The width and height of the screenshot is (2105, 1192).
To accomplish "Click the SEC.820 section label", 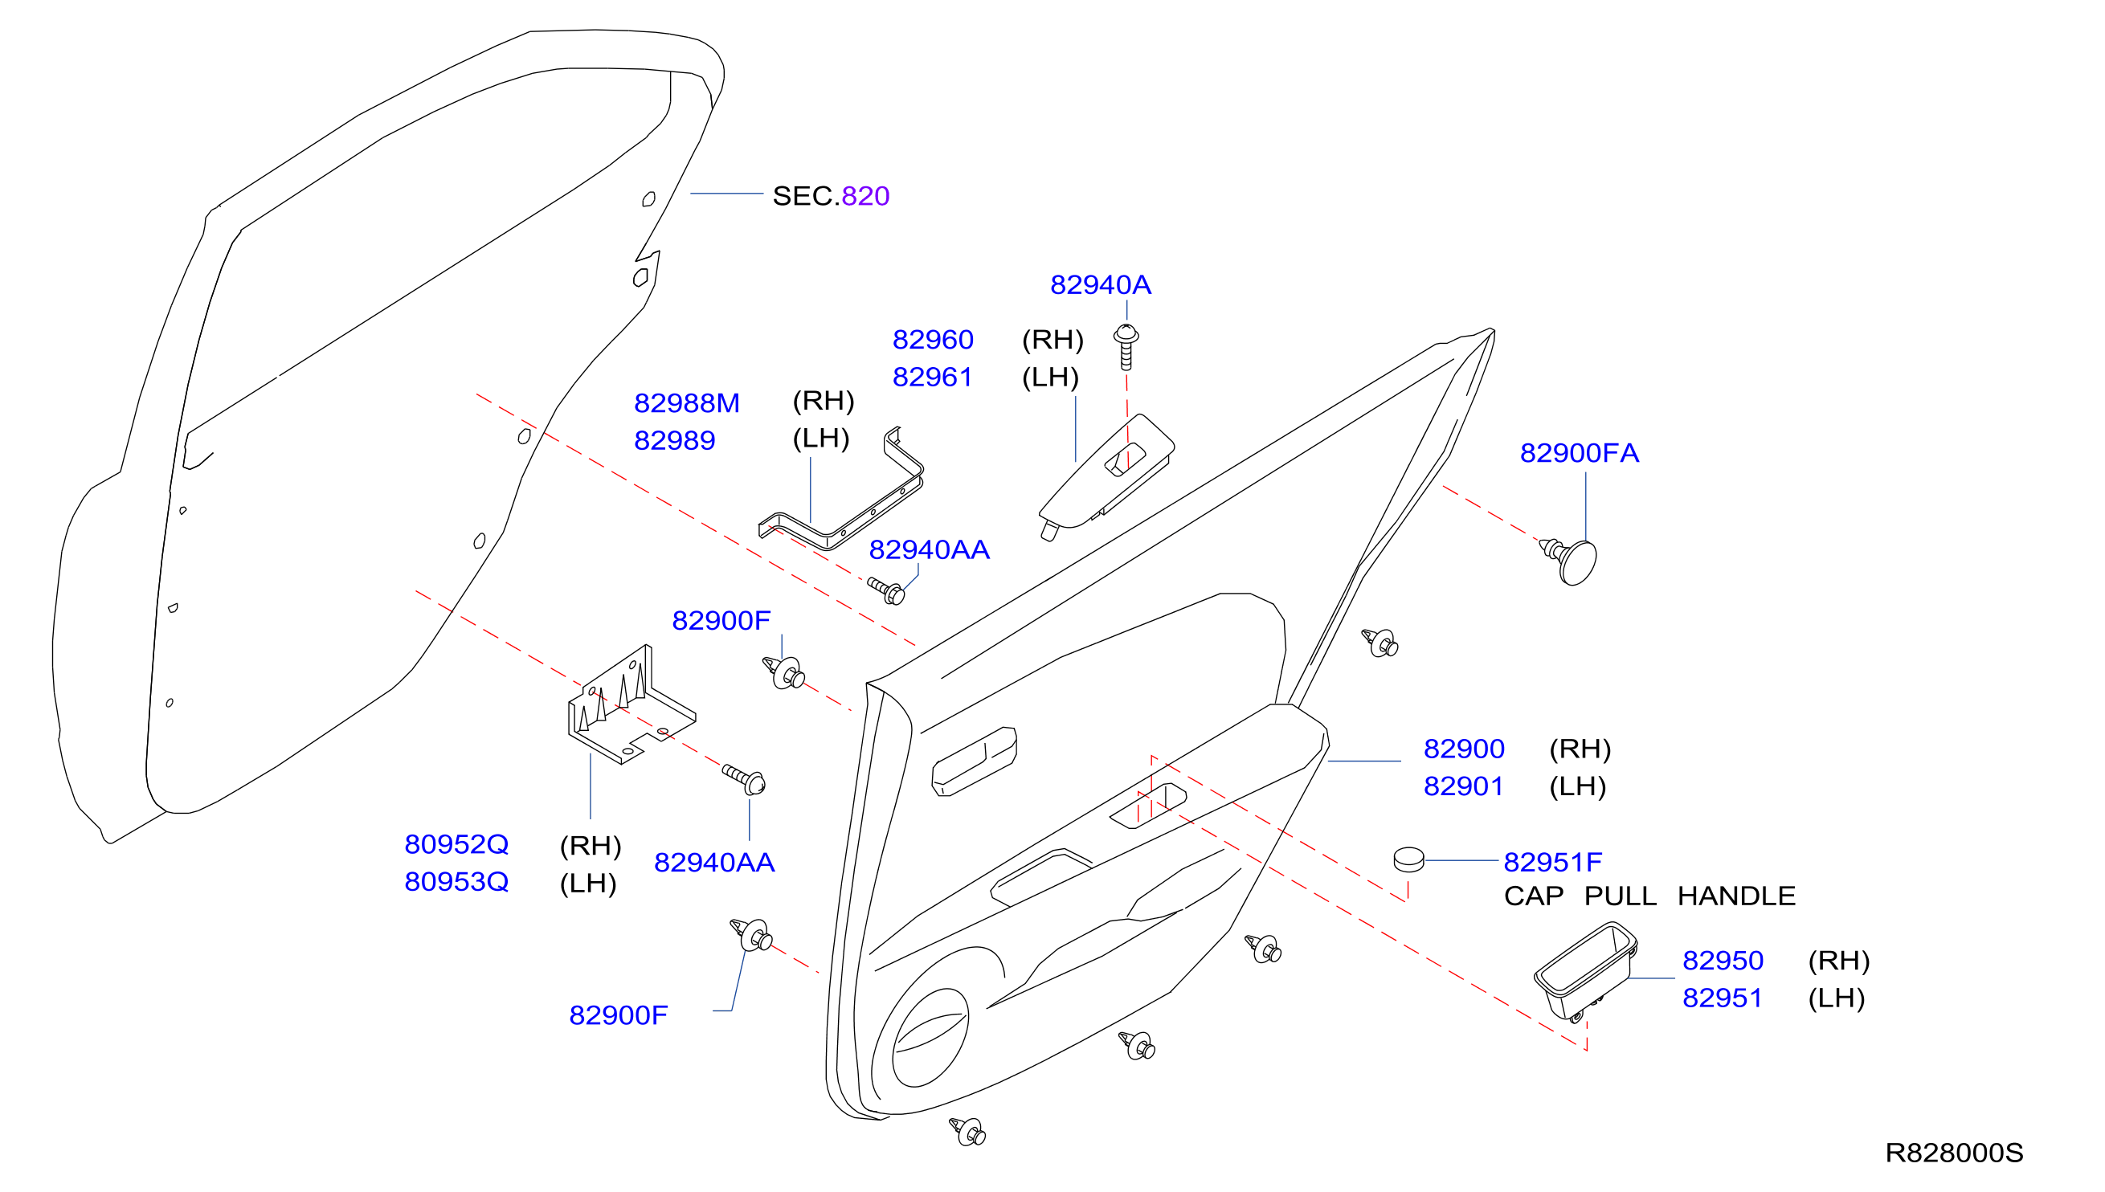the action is tap(830, 196).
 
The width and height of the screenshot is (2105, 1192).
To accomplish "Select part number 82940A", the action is tap(1101, 284).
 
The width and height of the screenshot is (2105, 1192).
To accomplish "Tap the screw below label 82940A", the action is tap(1126, 347).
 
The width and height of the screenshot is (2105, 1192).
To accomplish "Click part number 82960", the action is tap(933, 339).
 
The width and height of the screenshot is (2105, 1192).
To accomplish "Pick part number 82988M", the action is tap(686, 402).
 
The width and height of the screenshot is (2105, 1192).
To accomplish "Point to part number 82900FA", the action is tap(1579, 453).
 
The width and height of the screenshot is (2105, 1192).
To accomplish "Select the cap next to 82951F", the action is tap(1408, 859).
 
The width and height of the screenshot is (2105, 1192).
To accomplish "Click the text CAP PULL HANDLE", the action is tap(1649, 896).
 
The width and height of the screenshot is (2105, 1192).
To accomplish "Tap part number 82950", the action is tap(1723, 961).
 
